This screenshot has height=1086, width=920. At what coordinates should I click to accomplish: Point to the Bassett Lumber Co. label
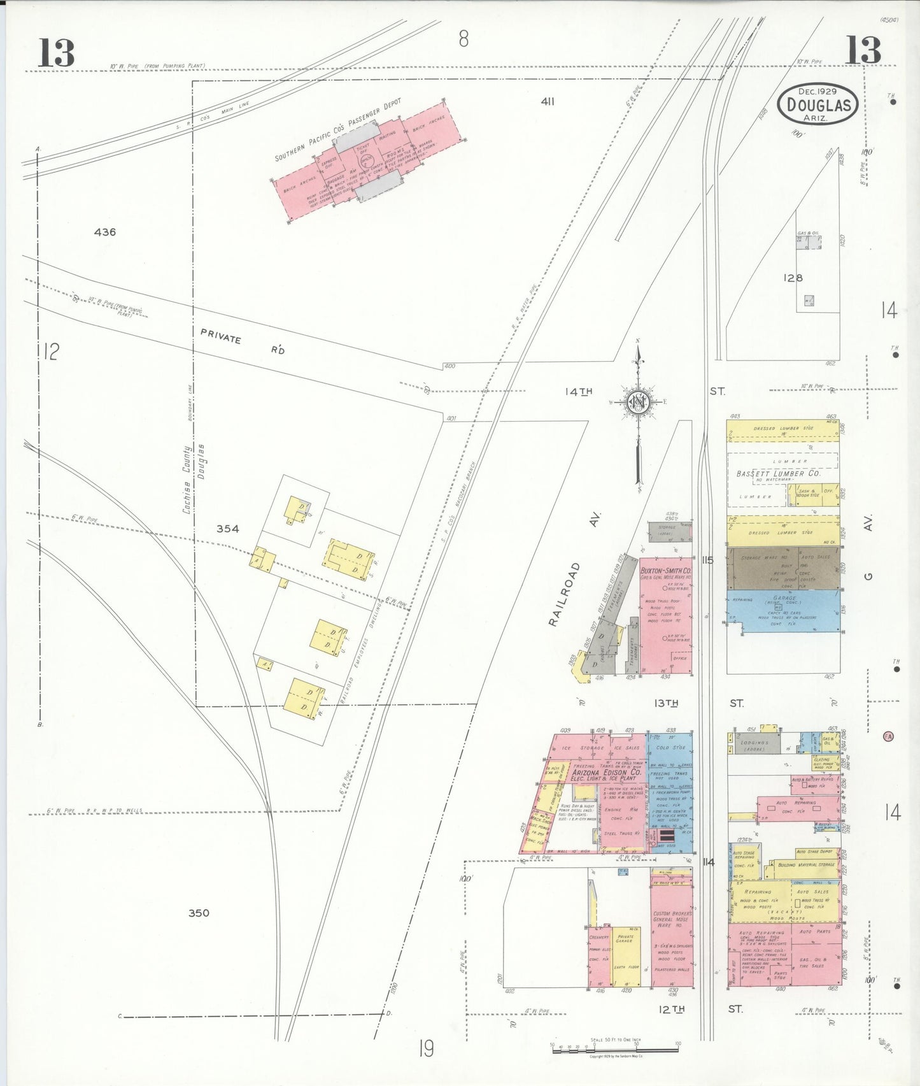tap(778, 473)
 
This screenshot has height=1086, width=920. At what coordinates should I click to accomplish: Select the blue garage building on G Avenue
tap(783, 610)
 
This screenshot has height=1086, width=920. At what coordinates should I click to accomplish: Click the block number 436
tap(105, 232)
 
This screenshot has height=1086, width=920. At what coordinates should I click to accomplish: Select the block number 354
tap(227, 528)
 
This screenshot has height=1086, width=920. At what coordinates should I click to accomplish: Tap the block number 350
tap(199, 913)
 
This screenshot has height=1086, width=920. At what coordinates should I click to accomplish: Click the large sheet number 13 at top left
tap(56, 52)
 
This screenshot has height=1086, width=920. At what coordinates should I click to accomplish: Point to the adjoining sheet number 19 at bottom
tap(426, 1047)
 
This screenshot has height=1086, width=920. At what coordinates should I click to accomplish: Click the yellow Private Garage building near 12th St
tap(625, 955)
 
